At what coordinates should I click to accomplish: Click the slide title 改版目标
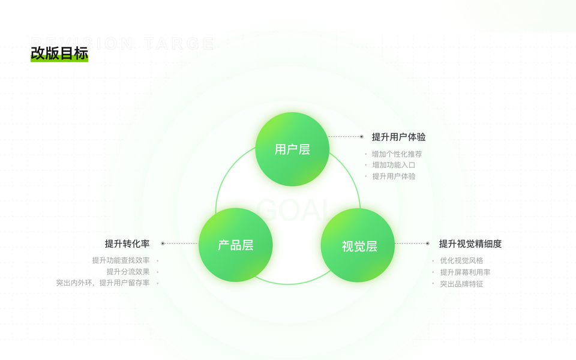(x=59, y=53)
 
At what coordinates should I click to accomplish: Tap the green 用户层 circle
(x=292, y=149)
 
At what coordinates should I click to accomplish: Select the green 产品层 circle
(x=235, y=245)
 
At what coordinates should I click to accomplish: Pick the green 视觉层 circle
(x=359, y=245)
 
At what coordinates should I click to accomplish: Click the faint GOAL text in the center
(x=293, y=210)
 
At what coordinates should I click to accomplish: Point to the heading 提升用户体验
(x=398, y=137)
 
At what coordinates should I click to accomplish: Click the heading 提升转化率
(x=127, y=244)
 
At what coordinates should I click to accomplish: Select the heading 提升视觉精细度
(x=470, y=244)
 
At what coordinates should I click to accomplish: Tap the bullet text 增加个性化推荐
(x=397, y=154)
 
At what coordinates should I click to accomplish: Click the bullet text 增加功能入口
(x=394, y=165)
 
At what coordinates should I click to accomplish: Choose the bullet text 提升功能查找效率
(x=121, y=260)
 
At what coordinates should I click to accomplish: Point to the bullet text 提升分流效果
(x=128, y=272)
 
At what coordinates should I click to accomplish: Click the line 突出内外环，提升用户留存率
(x=103, y=283)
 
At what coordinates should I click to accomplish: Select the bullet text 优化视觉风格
(x=461, y=260)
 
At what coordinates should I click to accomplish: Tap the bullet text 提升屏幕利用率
(x=465, y=272)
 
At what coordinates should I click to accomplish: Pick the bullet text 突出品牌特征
(x=461, y=284)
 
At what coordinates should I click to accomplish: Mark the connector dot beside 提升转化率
(x=163, y=244)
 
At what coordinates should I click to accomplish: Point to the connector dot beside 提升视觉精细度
(x=427, y=244)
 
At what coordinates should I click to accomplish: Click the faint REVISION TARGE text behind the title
(x=122, y=43)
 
